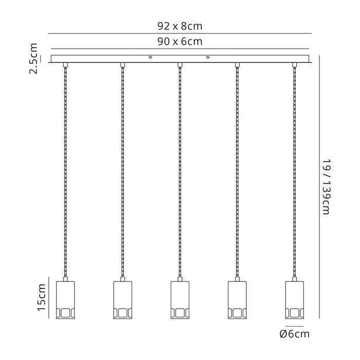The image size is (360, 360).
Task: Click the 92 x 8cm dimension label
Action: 180,26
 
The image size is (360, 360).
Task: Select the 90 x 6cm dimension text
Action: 180,42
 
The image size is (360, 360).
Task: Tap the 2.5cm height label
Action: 33,58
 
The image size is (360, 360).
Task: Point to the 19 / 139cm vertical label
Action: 326,187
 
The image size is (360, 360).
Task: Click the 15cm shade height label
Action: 42,297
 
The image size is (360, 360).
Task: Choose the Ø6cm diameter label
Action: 295,334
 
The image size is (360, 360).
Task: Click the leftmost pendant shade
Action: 65,300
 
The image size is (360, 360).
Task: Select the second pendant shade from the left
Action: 122,300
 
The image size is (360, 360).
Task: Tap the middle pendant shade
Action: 180,300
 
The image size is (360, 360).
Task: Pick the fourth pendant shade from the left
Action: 237,300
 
